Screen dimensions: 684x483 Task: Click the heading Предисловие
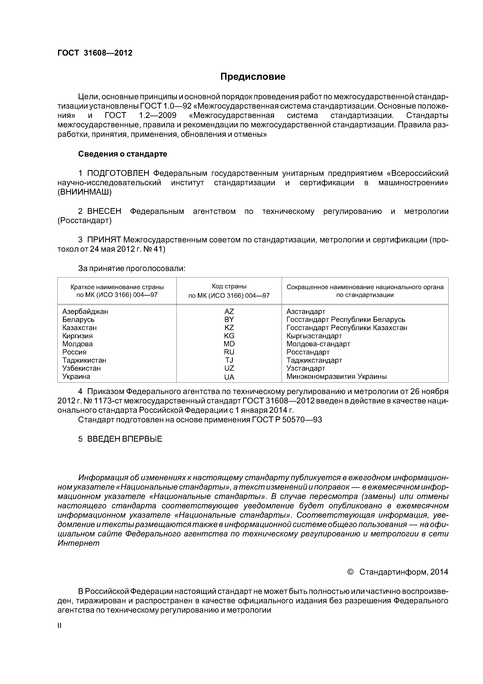coord(253,77)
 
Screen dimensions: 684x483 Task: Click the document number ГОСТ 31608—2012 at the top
coord(95,53)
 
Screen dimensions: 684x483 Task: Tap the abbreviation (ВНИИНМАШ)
coord(85,192)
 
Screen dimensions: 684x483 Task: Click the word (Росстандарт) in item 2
coord(85,221)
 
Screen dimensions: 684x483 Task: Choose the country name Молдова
coord(77,344)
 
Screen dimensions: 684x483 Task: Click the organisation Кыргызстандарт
coord(314,336)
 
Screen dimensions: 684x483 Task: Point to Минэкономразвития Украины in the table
coord(336,377)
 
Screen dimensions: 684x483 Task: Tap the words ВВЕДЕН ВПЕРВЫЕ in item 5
coord(124,439)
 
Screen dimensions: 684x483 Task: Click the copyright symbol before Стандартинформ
coord(350,572)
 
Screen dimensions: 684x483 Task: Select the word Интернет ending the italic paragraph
coord(78,543)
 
